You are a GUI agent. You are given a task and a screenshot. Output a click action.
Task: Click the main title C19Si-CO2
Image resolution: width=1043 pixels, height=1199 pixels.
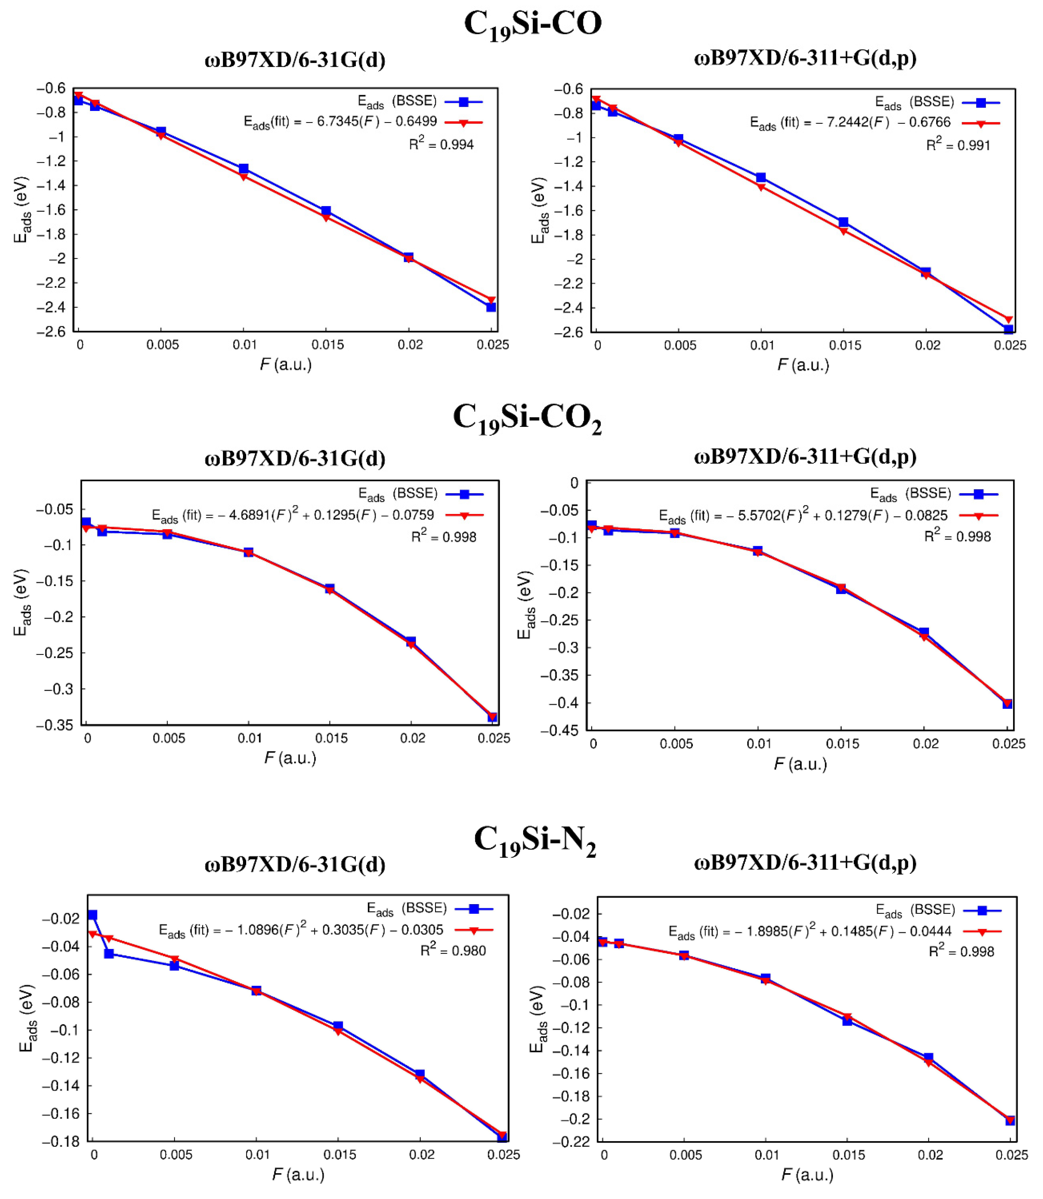(527, 419)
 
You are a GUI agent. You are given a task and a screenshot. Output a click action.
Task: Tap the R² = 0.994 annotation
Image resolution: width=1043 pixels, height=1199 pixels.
(441, 144)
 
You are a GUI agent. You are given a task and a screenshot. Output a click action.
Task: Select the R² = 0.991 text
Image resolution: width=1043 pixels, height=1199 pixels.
(958, 144)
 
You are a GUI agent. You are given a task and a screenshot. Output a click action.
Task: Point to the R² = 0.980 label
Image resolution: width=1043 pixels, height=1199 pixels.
(453, 951)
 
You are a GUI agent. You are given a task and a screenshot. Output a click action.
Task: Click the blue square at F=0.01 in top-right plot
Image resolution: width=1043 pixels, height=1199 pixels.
(761, 177)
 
